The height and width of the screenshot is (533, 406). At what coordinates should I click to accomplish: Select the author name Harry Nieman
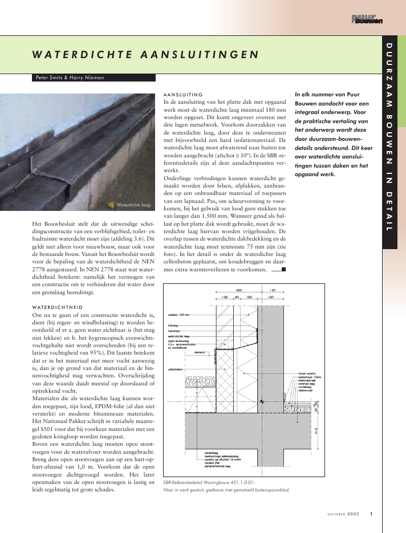click(86, 78)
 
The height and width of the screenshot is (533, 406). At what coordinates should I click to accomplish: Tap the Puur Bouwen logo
click(367, 20)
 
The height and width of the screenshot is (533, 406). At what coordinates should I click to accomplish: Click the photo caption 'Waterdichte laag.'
click(133, 204)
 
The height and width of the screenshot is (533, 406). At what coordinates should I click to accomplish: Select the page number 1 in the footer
click(371, 514)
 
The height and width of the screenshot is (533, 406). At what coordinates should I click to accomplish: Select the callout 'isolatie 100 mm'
click(179, 314)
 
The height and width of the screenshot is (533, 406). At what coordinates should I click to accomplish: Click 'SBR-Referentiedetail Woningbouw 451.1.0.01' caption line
click(212, 481)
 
